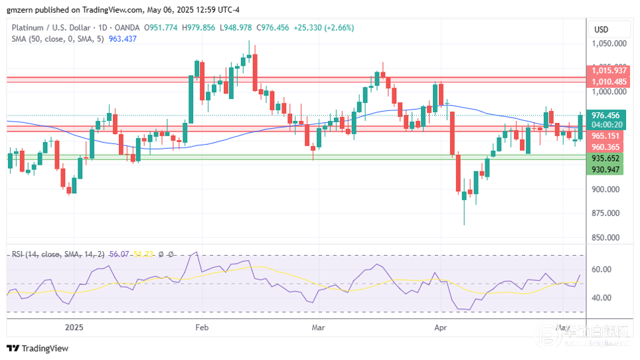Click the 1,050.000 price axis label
pyautogui.click(x=609, y=44)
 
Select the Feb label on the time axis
pyautogui.click(x=202, y=327)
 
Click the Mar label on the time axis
pyautogui.click(x=318, y=327)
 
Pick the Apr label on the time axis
pyautogui.click(x=440, y=327)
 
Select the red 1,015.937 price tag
pyautogui.click(x=609, y=70)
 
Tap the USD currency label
pyautogui.click(x=601, y=30)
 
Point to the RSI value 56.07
pyautogui.click(x=120, y=254)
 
